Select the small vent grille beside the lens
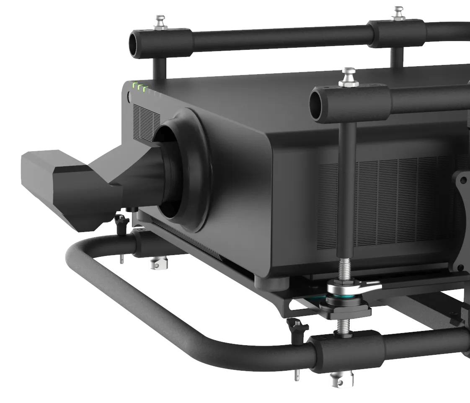(x=145, y=120)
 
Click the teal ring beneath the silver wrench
(x=346, y=298)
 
